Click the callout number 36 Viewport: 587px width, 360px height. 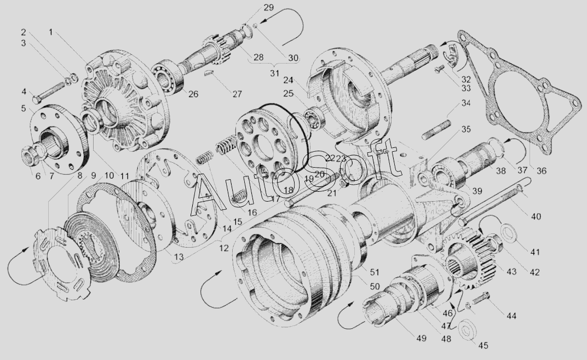click(x=542, y=171)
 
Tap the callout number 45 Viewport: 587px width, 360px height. click(x=482, y=345)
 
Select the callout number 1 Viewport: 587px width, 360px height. click(x=50, y=32)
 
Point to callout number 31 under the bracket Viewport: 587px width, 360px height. click(x=274, y=73)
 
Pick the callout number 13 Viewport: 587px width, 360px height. click(x=179, y=256)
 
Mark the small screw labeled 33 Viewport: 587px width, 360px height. click(x=439, y=69)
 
